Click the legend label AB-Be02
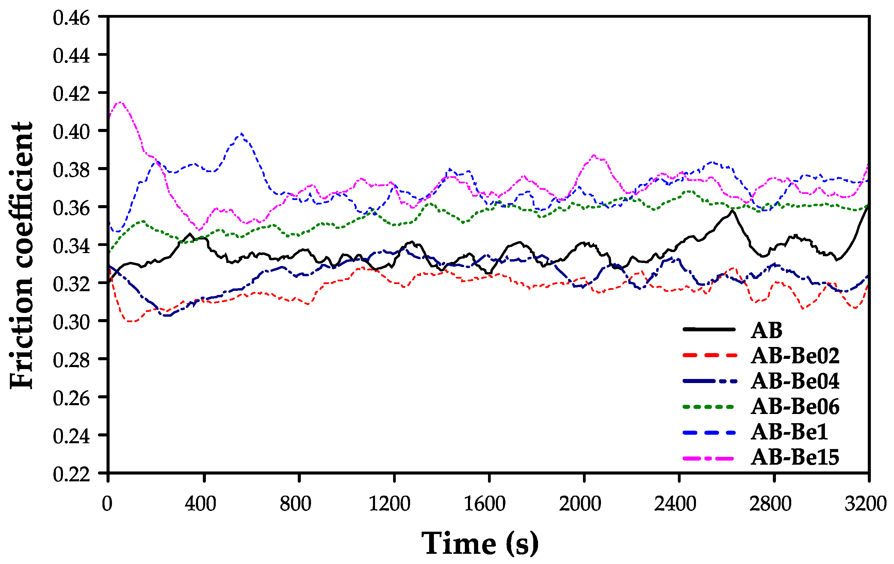coord(795,356)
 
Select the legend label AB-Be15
coord(795,457)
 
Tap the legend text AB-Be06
coord(795,407)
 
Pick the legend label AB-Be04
coord(795,381)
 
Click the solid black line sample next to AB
coord(709,329)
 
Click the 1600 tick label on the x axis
coord(485,504)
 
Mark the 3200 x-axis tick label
coord(865,504)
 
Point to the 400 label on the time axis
coord(200,504)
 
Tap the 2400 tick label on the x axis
coord(675,504)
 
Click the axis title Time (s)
coord(480,544)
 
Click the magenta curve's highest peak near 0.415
coord(120,102)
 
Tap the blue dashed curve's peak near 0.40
coord(242,134)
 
